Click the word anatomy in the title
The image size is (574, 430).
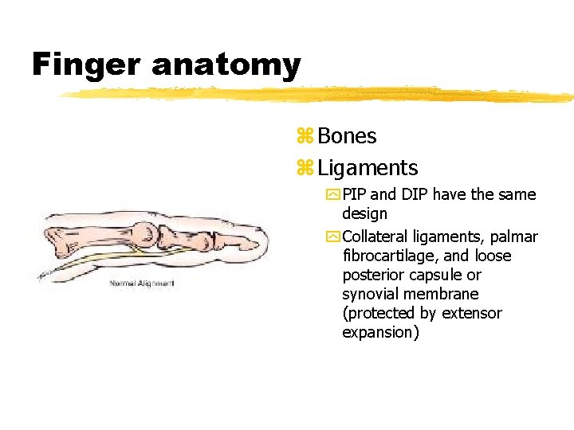[x=226, y=65]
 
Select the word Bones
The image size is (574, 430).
[x=347, y=136]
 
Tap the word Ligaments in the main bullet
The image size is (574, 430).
[x=368, y=168]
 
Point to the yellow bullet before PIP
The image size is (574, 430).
[x=332, y=195]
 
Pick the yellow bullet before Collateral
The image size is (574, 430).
[x=332, y=237]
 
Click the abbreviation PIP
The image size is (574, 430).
[x=355, y=194]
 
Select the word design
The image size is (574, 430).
[x=364, y=213]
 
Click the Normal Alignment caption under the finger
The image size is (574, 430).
[x=142, y=283]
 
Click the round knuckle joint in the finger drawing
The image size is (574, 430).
[x=147, y=232]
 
